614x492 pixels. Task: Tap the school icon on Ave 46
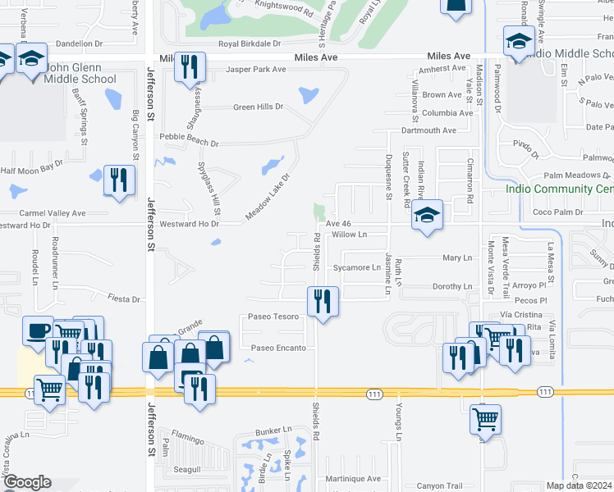427,216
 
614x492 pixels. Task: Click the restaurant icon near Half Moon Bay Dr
120,180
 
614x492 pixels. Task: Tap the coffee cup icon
38,330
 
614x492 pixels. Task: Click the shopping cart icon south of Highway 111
485,419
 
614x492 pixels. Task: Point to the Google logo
26,482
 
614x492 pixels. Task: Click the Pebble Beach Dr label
190,143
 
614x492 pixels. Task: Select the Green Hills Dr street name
258,107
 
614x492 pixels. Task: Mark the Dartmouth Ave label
428,130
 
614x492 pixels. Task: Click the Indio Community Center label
559,189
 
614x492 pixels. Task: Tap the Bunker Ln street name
273,430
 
